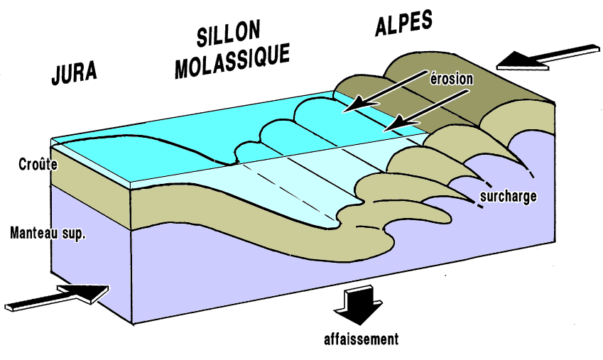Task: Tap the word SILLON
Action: (228, 33)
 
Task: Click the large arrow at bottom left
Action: (60, 295)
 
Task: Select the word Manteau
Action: (35, 232)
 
